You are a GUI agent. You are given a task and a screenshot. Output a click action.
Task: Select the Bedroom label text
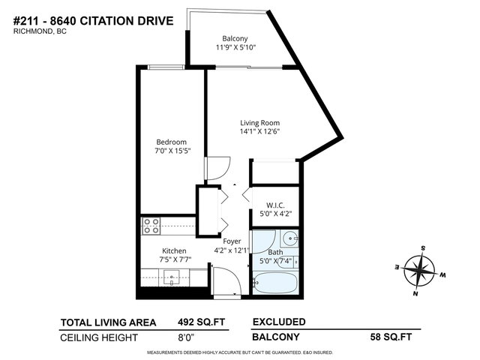point(171,142)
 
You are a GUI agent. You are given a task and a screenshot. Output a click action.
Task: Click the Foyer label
point(232,241)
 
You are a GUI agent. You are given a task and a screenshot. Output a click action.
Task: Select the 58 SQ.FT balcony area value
point(396,337)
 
